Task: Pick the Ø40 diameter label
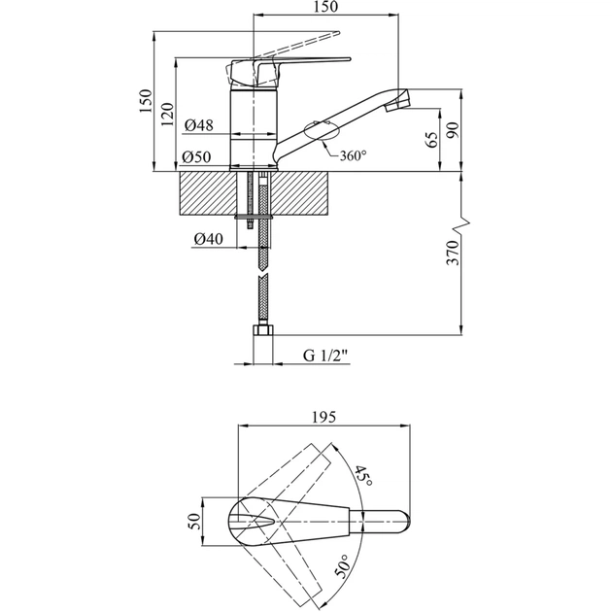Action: (209, 239)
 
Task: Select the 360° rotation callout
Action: (353, 156)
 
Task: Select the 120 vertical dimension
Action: (167, 115)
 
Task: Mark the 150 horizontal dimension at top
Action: (326, 8)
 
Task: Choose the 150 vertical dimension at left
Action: (145, 103)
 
